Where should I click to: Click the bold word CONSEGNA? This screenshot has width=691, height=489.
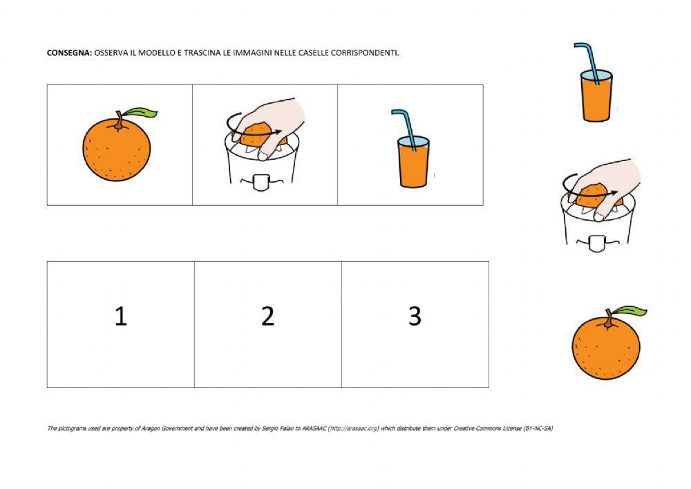[x=69, y=53]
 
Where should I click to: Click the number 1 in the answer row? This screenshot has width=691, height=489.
[x=121, y=316]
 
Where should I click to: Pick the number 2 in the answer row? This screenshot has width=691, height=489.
[x=267, y=316]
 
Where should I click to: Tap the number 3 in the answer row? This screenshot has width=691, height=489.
[x=415, y=316]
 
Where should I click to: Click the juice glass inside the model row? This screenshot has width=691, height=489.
[x=413, y=161]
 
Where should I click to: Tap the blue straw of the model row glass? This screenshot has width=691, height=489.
[x=405, y=128]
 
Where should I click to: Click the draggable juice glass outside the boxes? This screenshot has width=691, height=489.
[x=596, y=95]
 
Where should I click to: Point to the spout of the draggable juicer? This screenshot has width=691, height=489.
[x=597, y=244]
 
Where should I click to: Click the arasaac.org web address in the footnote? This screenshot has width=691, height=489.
[x=353, y=428]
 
